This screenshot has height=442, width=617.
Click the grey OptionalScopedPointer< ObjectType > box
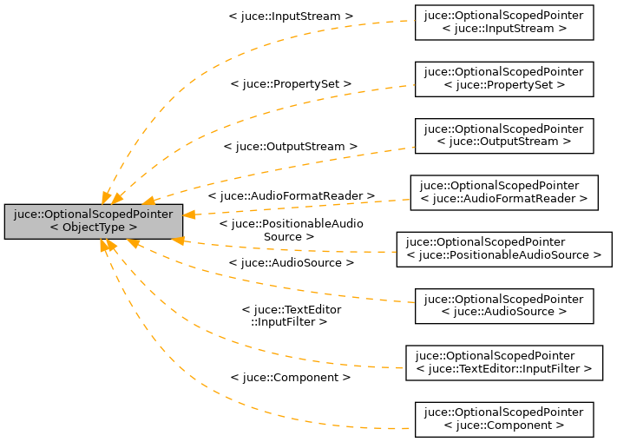coord(94,221)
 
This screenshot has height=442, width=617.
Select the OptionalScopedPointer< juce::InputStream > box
coord(504,22)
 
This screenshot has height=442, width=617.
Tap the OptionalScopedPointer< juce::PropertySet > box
coord(504,78)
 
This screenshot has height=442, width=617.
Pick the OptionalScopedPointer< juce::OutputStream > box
coord(504,135)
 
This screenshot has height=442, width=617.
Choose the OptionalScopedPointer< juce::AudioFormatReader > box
coord(504,192)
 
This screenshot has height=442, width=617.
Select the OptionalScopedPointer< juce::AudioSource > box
coord(504,306)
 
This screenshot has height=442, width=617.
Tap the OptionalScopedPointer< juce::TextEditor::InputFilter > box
coord(504,362)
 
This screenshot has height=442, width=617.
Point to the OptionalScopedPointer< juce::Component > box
coord(504,419)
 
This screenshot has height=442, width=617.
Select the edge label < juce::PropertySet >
coord(291,83)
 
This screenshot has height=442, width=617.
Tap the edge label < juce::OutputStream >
coord(291,147)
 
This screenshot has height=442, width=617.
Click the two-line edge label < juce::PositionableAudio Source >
coord(291,230)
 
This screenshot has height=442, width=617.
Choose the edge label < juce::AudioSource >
coord(291,262)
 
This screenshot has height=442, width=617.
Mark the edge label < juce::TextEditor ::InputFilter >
coord(291,316)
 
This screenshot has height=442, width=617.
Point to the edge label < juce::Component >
coord(291,378)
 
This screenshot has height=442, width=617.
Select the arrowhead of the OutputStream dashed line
coord(150,201)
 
